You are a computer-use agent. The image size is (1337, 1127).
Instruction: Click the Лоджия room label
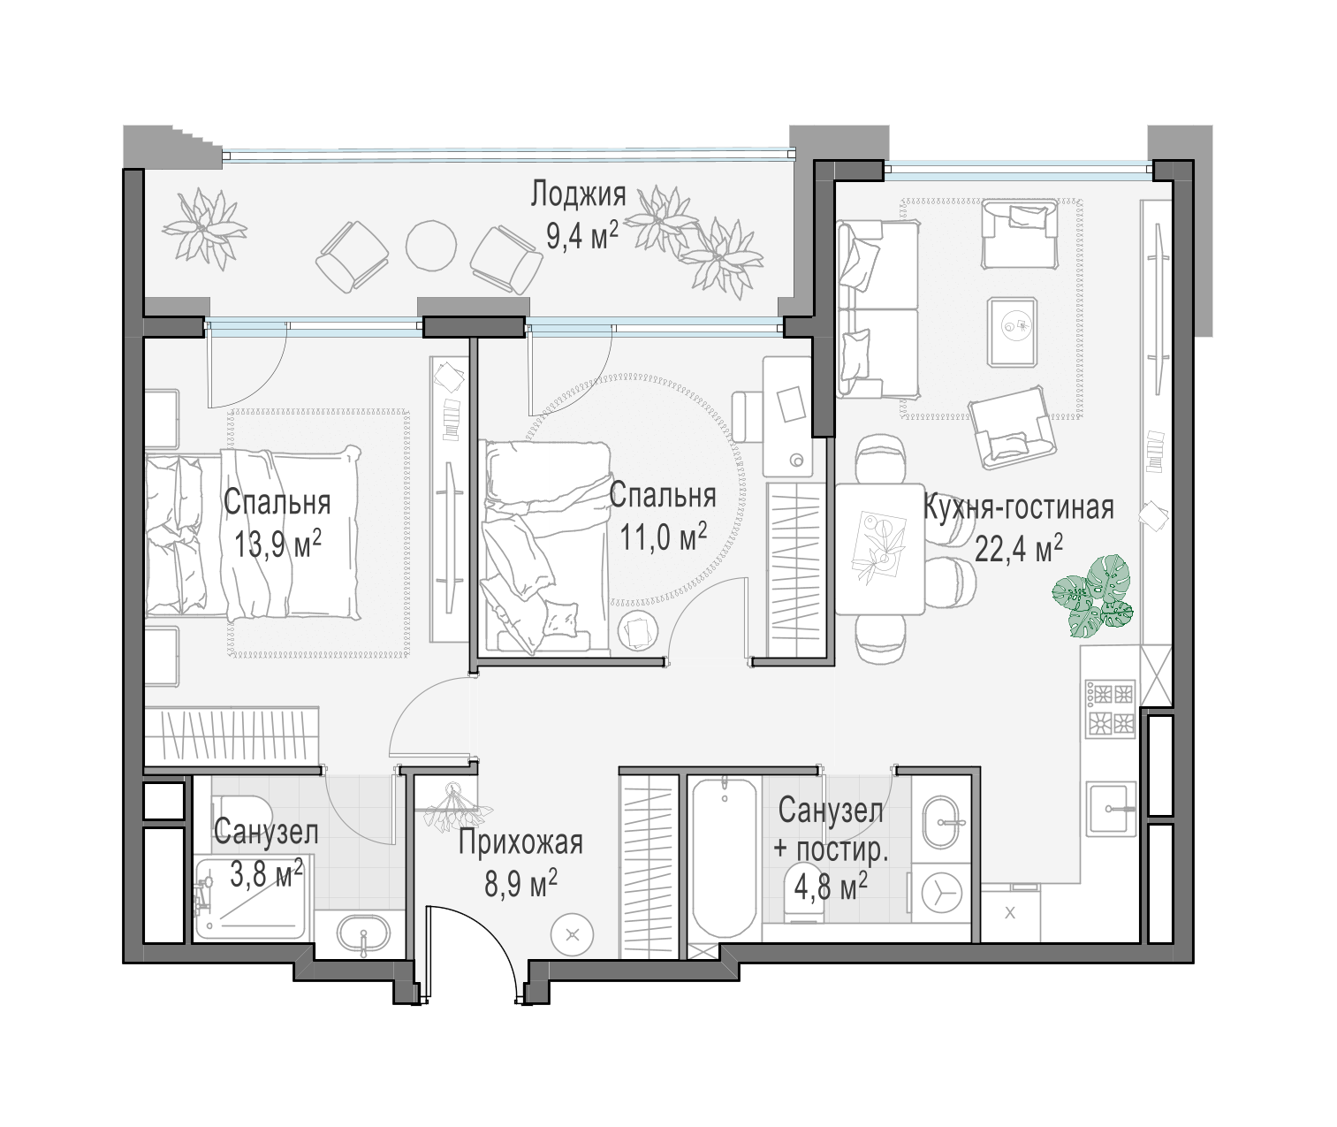point(578,194)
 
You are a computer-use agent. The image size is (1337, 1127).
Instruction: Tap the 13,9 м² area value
point(277,544)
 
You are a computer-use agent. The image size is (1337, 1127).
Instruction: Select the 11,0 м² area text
point(663,537)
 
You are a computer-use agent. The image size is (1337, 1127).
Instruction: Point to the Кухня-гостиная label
point(1018,507)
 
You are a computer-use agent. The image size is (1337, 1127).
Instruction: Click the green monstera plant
point(1092,597)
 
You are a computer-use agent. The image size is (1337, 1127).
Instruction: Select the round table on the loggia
point(431,246)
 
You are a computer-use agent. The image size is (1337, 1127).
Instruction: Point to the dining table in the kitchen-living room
point(880,549)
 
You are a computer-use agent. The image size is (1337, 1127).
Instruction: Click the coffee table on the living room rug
point(1013,331)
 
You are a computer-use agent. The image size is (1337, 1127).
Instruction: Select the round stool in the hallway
point(573,935)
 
